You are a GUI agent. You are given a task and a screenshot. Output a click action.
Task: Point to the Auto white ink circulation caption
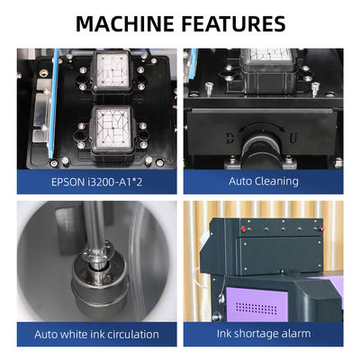[96, 334]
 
